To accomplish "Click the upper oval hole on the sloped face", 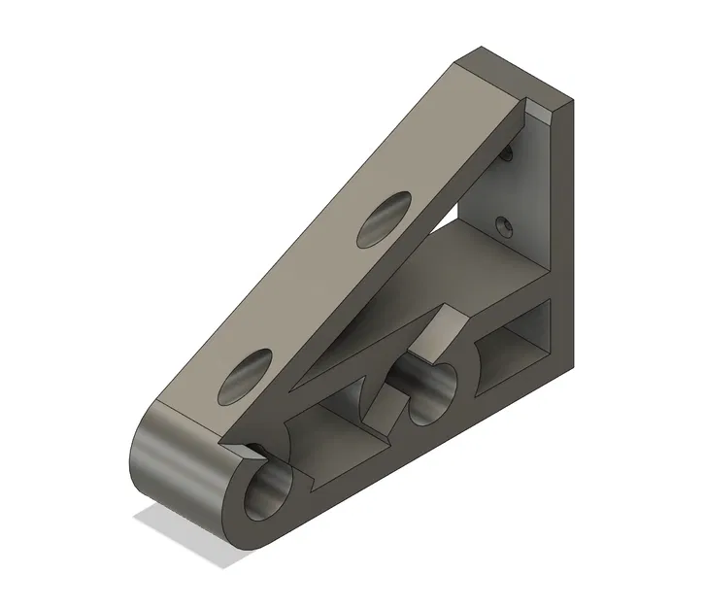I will (385, 220).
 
